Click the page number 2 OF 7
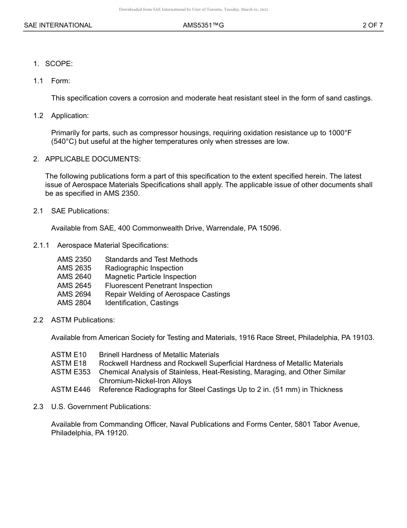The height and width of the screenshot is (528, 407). (x=372, y=25)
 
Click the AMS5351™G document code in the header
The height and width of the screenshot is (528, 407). (x=203, y=25)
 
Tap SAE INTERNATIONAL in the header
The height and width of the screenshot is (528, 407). (x=58, y=25)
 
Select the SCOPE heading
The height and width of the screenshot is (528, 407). (x=59, y=64)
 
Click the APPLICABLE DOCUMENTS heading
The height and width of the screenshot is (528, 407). (x=93, y=159)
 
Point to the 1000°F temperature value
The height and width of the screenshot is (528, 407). (x=340, y=133)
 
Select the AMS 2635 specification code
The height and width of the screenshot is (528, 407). (x=74, y=268)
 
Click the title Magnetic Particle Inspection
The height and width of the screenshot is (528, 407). (x=150, y=277)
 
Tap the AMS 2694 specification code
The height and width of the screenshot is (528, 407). (x=74, y=294)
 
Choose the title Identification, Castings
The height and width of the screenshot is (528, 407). (x=141, y=303)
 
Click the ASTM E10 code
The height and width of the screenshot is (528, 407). (x=69, y=355)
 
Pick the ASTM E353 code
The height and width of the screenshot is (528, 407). (x=71, y=372)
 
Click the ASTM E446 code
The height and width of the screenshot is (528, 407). (x=71, y=390)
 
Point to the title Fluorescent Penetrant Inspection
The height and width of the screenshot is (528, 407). (x=159, y=285)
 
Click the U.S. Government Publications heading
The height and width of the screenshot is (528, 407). (x=101, y=407)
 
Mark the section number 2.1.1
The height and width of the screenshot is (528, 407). (x=41, y=245)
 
